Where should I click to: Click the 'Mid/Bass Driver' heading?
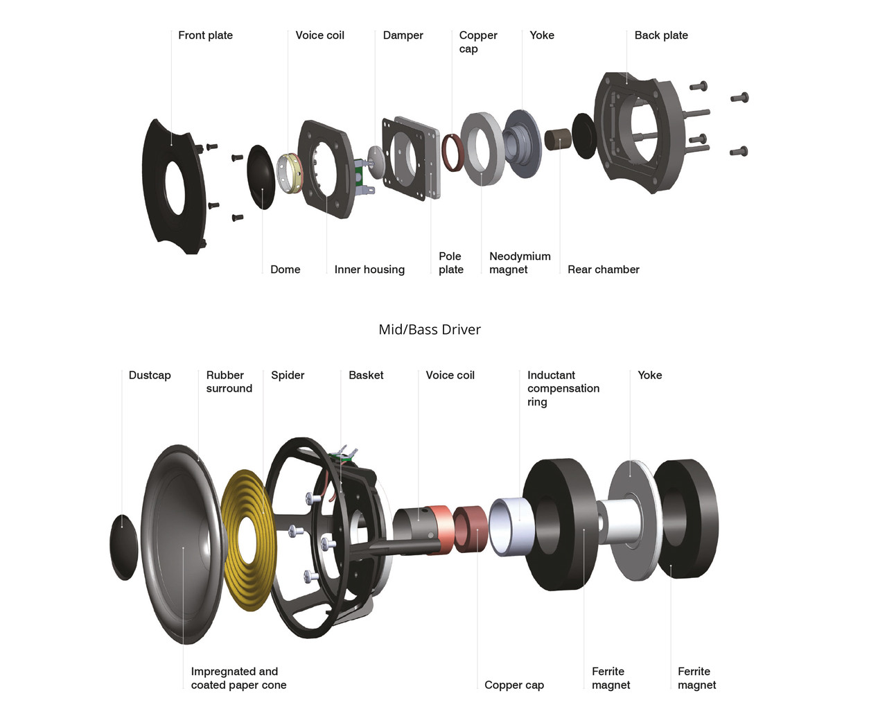pos(429,330)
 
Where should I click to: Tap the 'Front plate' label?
pos(205,35)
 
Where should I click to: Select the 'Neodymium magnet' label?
pos(519,263)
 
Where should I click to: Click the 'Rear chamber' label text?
pos(603,270)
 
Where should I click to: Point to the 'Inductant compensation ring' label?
pos(562,388)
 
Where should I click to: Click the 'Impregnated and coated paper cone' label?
pos(238,678)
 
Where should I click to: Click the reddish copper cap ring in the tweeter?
pos(453,152)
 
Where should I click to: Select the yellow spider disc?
pos(246,541)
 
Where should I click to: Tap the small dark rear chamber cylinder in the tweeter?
pos(556,139)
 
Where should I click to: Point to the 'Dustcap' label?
pos(149,375)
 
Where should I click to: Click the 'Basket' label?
pos(366,375)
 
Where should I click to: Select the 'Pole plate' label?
pos(450,263)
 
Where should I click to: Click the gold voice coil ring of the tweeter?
pos(290,173)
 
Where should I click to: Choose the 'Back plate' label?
pos(660,35)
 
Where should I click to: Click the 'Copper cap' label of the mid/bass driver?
pos(513,685)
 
